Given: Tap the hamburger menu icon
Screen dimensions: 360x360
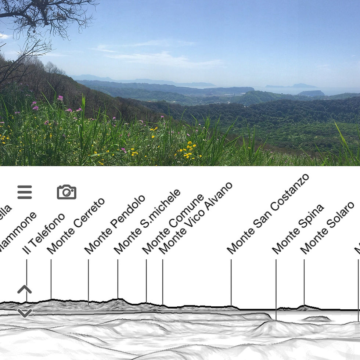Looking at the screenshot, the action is point(25,192).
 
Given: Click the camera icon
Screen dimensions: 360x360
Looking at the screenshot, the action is point(66,192).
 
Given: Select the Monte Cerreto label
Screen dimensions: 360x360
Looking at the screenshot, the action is point(76,226).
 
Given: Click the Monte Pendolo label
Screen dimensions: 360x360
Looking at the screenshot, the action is point(115,224).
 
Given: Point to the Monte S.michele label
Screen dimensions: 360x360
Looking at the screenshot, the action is point(147,222).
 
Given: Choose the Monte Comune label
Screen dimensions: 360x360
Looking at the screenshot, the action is point(173,224).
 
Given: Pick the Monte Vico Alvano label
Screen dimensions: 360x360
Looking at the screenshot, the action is point(195,218).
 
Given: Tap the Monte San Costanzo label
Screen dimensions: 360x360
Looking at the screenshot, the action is point(268,214).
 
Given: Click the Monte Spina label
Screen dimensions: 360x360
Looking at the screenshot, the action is point(298,229).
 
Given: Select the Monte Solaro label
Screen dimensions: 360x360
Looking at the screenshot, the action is point(327,228).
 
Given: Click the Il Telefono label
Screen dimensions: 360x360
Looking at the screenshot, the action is point(43,234).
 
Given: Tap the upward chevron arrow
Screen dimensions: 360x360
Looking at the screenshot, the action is point(25,289).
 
